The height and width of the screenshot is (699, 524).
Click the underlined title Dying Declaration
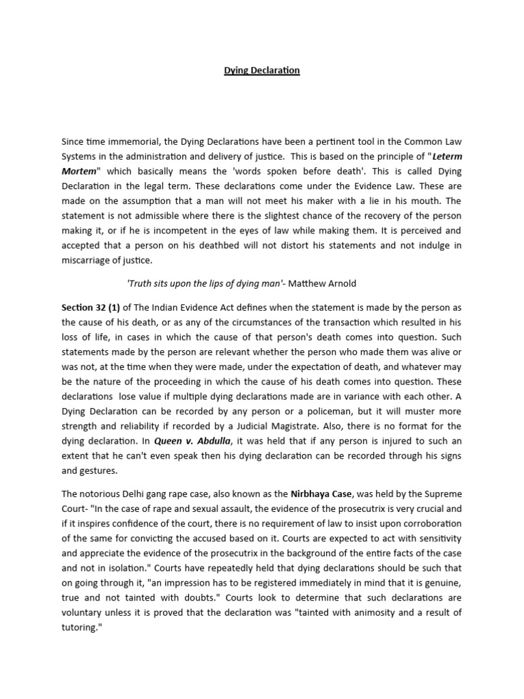pos(262,70)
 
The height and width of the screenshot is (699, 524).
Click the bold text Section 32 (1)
pos(91,308)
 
